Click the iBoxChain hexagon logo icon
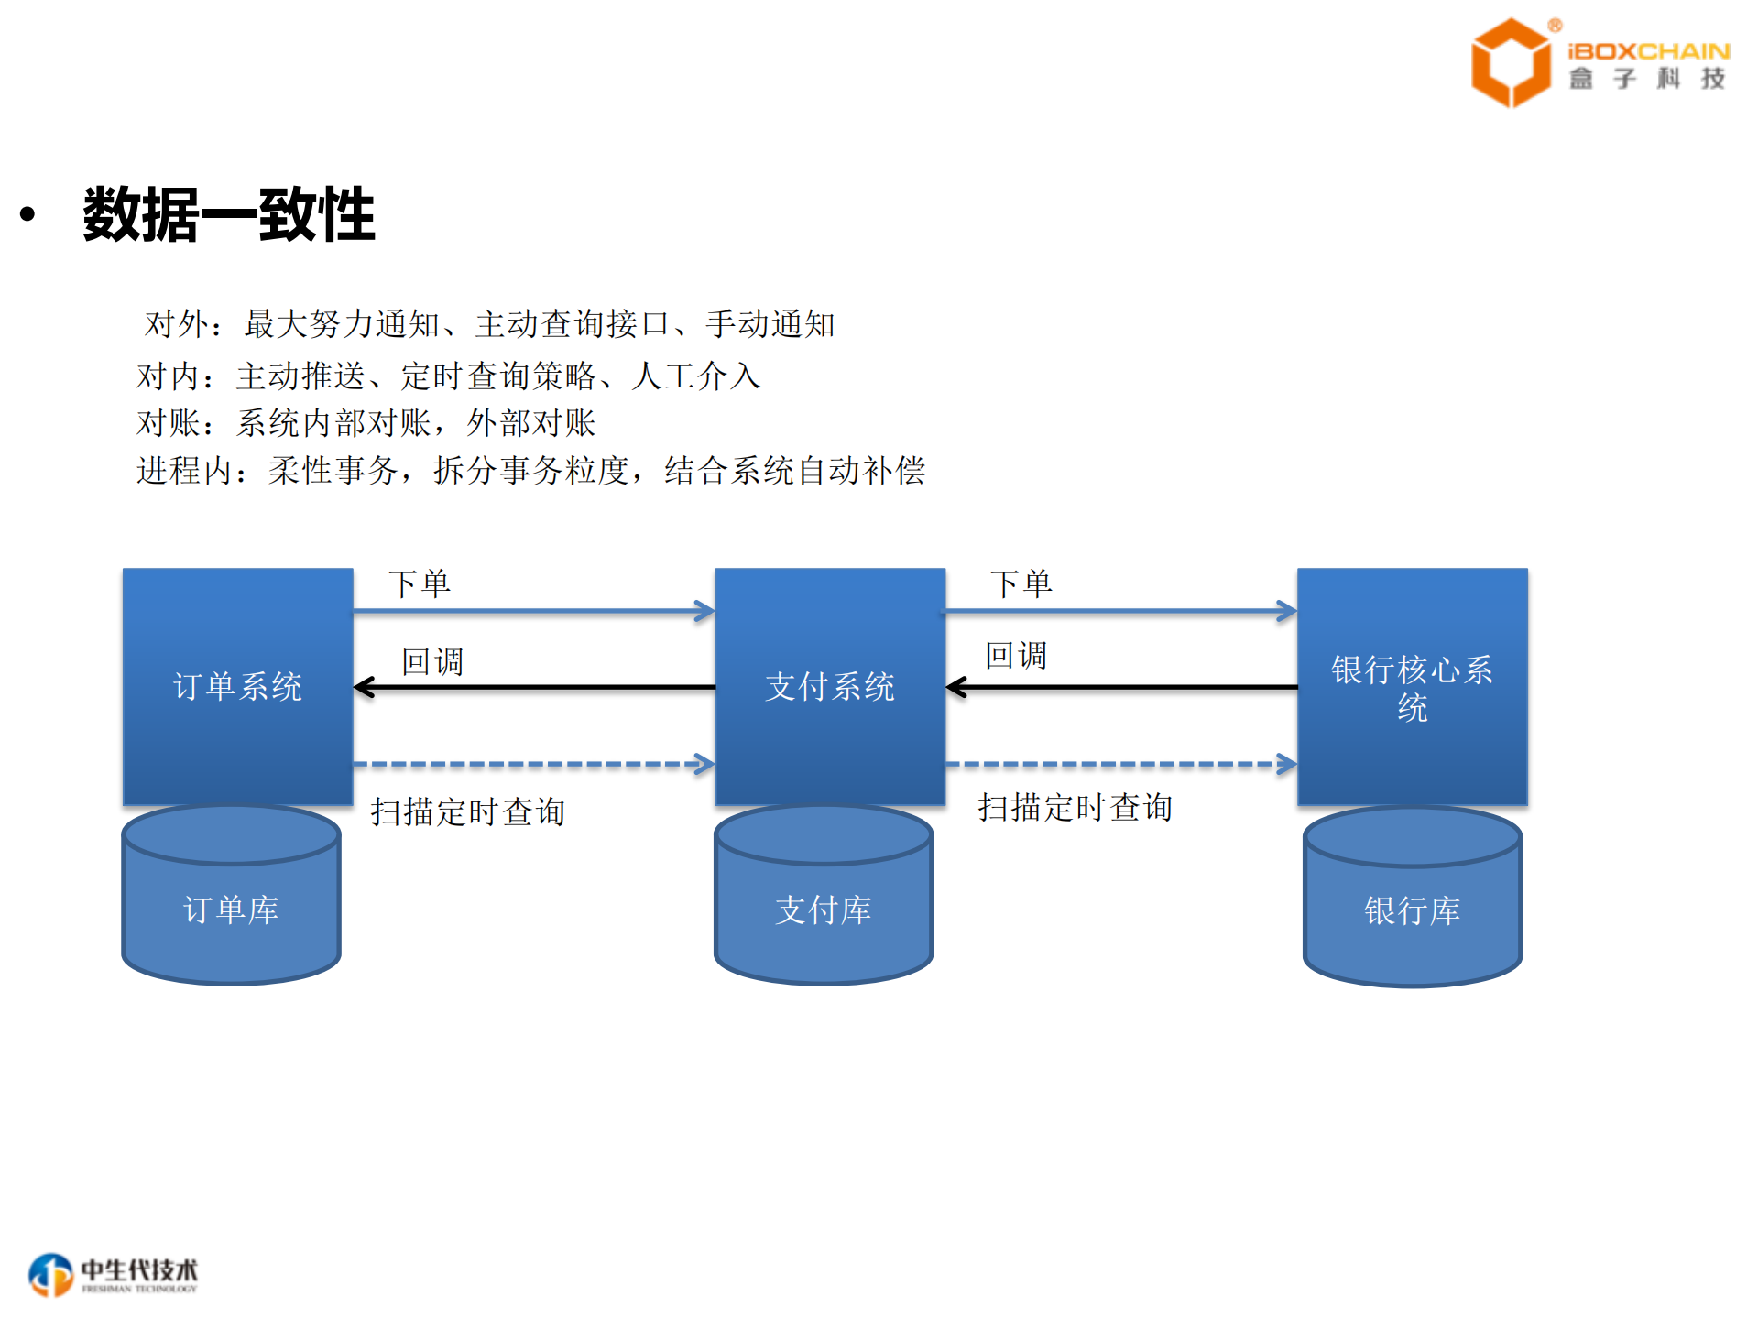coord(1510,62)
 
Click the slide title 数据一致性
coord(229,214)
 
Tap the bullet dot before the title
coord(27,214)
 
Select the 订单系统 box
coord(237,686)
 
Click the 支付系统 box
coord(829,686)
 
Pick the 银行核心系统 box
coord(1412,687)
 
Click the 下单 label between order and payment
coord(420,583)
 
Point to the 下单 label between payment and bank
coord(1021,583)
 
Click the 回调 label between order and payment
coord(432,661)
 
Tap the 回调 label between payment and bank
coord(1016,656)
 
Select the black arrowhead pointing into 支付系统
coord(956,687)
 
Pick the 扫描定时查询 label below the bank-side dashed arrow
coord(1075,808)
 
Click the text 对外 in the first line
coord(170,324)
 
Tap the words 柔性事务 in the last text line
coord(333,471)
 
